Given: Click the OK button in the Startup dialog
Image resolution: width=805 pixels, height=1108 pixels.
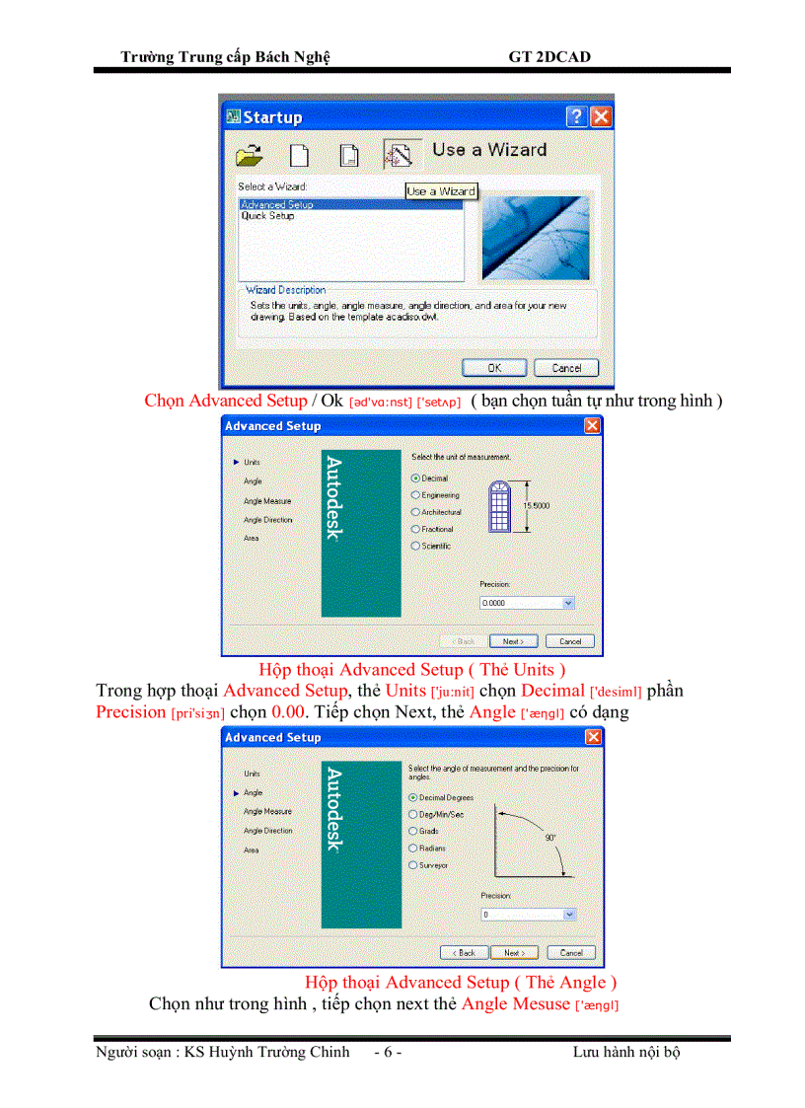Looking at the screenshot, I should pos(494,368).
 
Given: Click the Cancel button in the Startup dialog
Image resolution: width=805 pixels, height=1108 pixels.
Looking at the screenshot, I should pos(565,368).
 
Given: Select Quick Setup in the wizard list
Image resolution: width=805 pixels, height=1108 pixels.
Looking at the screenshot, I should pos(267,216).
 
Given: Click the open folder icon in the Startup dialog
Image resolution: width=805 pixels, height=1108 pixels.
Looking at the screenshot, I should pos(251,155).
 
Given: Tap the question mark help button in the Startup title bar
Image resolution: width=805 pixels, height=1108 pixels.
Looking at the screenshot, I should pos(576,117).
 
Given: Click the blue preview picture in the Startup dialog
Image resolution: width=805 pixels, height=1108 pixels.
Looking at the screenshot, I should pos(535,238).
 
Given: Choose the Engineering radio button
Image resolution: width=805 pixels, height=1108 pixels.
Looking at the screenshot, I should pos(415,495).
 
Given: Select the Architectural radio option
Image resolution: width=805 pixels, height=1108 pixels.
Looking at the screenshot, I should pos(415,512).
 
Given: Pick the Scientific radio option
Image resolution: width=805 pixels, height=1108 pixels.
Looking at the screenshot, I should pos(415,546).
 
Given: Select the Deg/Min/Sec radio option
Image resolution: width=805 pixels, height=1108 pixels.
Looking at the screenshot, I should pos(412,814).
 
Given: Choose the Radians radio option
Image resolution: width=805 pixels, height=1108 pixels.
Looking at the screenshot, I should pos(412,848).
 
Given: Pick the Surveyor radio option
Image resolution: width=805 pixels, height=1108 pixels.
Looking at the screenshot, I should pos(412,865).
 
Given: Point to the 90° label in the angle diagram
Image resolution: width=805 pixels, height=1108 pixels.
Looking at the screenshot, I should pos(549,837).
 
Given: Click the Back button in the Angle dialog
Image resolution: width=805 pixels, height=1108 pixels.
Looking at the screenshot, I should pos(464,953).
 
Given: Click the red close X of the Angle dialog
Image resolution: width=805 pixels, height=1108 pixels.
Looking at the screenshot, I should pos(592,737).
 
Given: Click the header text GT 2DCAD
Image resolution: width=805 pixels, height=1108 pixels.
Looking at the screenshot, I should pos(549,57).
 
